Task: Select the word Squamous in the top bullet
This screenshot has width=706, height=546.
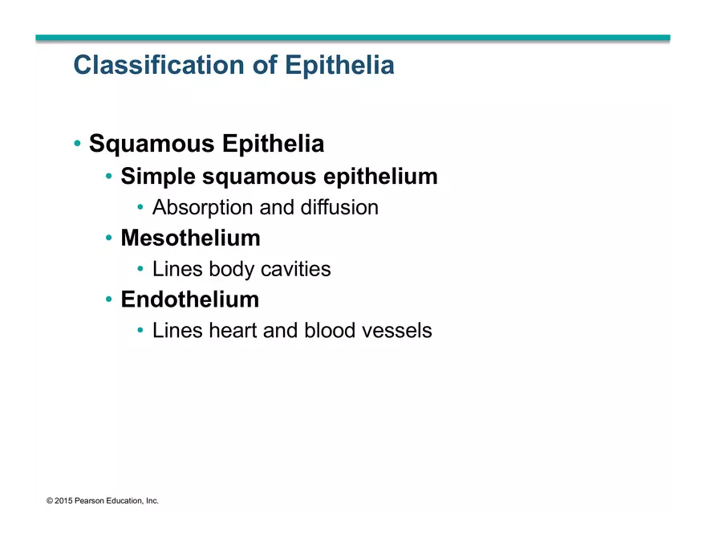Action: click(x=152, y=145)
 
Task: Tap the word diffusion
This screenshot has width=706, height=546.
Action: click(x=339, y=207)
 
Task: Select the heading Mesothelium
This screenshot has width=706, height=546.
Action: click(x=190, y=238)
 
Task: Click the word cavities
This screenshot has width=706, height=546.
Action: click(x=296, y=269)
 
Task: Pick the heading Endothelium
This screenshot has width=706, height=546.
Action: click(x=189, y=299)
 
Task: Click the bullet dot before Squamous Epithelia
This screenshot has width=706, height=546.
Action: click(x=78, y=145)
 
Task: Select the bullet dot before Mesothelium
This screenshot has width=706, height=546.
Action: click(x=109, y=238)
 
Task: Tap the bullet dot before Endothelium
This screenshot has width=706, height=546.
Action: click(x=109, y=300)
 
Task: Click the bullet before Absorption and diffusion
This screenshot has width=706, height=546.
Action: click(x=141, y=208)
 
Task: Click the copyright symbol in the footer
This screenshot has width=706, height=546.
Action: click(x=50, y=501)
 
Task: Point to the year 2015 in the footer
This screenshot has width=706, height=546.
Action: click(x=63, y=501)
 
